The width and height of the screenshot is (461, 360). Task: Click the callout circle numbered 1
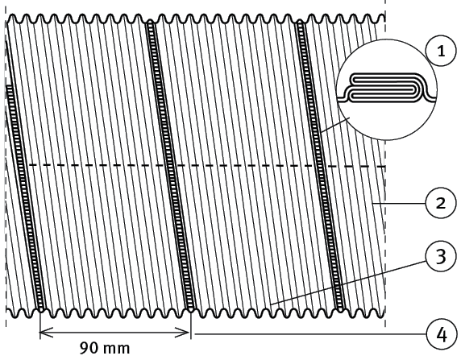coord(441,51)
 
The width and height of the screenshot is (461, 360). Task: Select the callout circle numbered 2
coord(441,203)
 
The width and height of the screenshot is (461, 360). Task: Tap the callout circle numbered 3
coord(441,257)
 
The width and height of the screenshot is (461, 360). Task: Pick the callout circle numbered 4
coord(442,335)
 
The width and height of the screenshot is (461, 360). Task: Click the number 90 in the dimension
coord(89,348)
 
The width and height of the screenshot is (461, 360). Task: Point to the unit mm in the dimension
coord(117,349)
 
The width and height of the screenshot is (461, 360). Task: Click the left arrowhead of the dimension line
coord(46,333)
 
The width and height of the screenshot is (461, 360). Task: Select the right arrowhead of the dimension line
coord(182,333)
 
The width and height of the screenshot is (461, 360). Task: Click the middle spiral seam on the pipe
coord(171,165)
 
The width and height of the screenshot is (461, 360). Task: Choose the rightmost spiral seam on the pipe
coord(320,165)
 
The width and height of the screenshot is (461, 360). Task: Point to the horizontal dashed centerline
coord(207,166)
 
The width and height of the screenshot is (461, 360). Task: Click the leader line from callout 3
coord(348,283)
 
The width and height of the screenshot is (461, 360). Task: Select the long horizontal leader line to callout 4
coord(310,334)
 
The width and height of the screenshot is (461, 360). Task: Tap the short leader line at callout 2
coord(399,203)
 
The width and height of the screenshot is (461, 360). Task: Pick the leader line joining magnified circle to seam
coord(335,125)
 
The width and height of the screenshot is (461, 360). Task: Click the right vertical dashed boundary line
coord(385,176)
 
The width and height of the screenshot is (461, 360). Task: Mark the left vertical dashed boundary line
coord(6,164)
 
